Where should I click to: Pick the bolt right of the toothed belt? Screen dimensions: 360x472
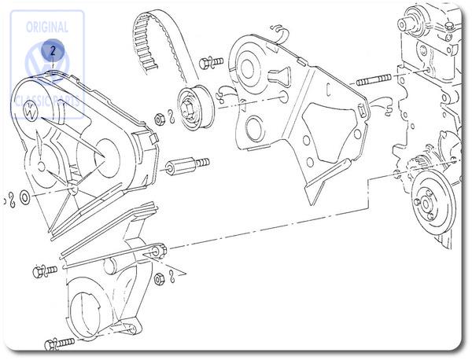click(x=211, y=61)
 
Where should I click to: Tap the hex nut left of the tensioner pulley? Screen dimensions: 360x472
click(x=160, y=119)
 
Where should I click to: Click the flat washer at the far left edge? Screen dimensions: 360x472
click(x=25, y=196)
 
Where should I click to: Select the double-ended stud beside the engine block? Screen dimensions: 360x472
click(x=376, y=80)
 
